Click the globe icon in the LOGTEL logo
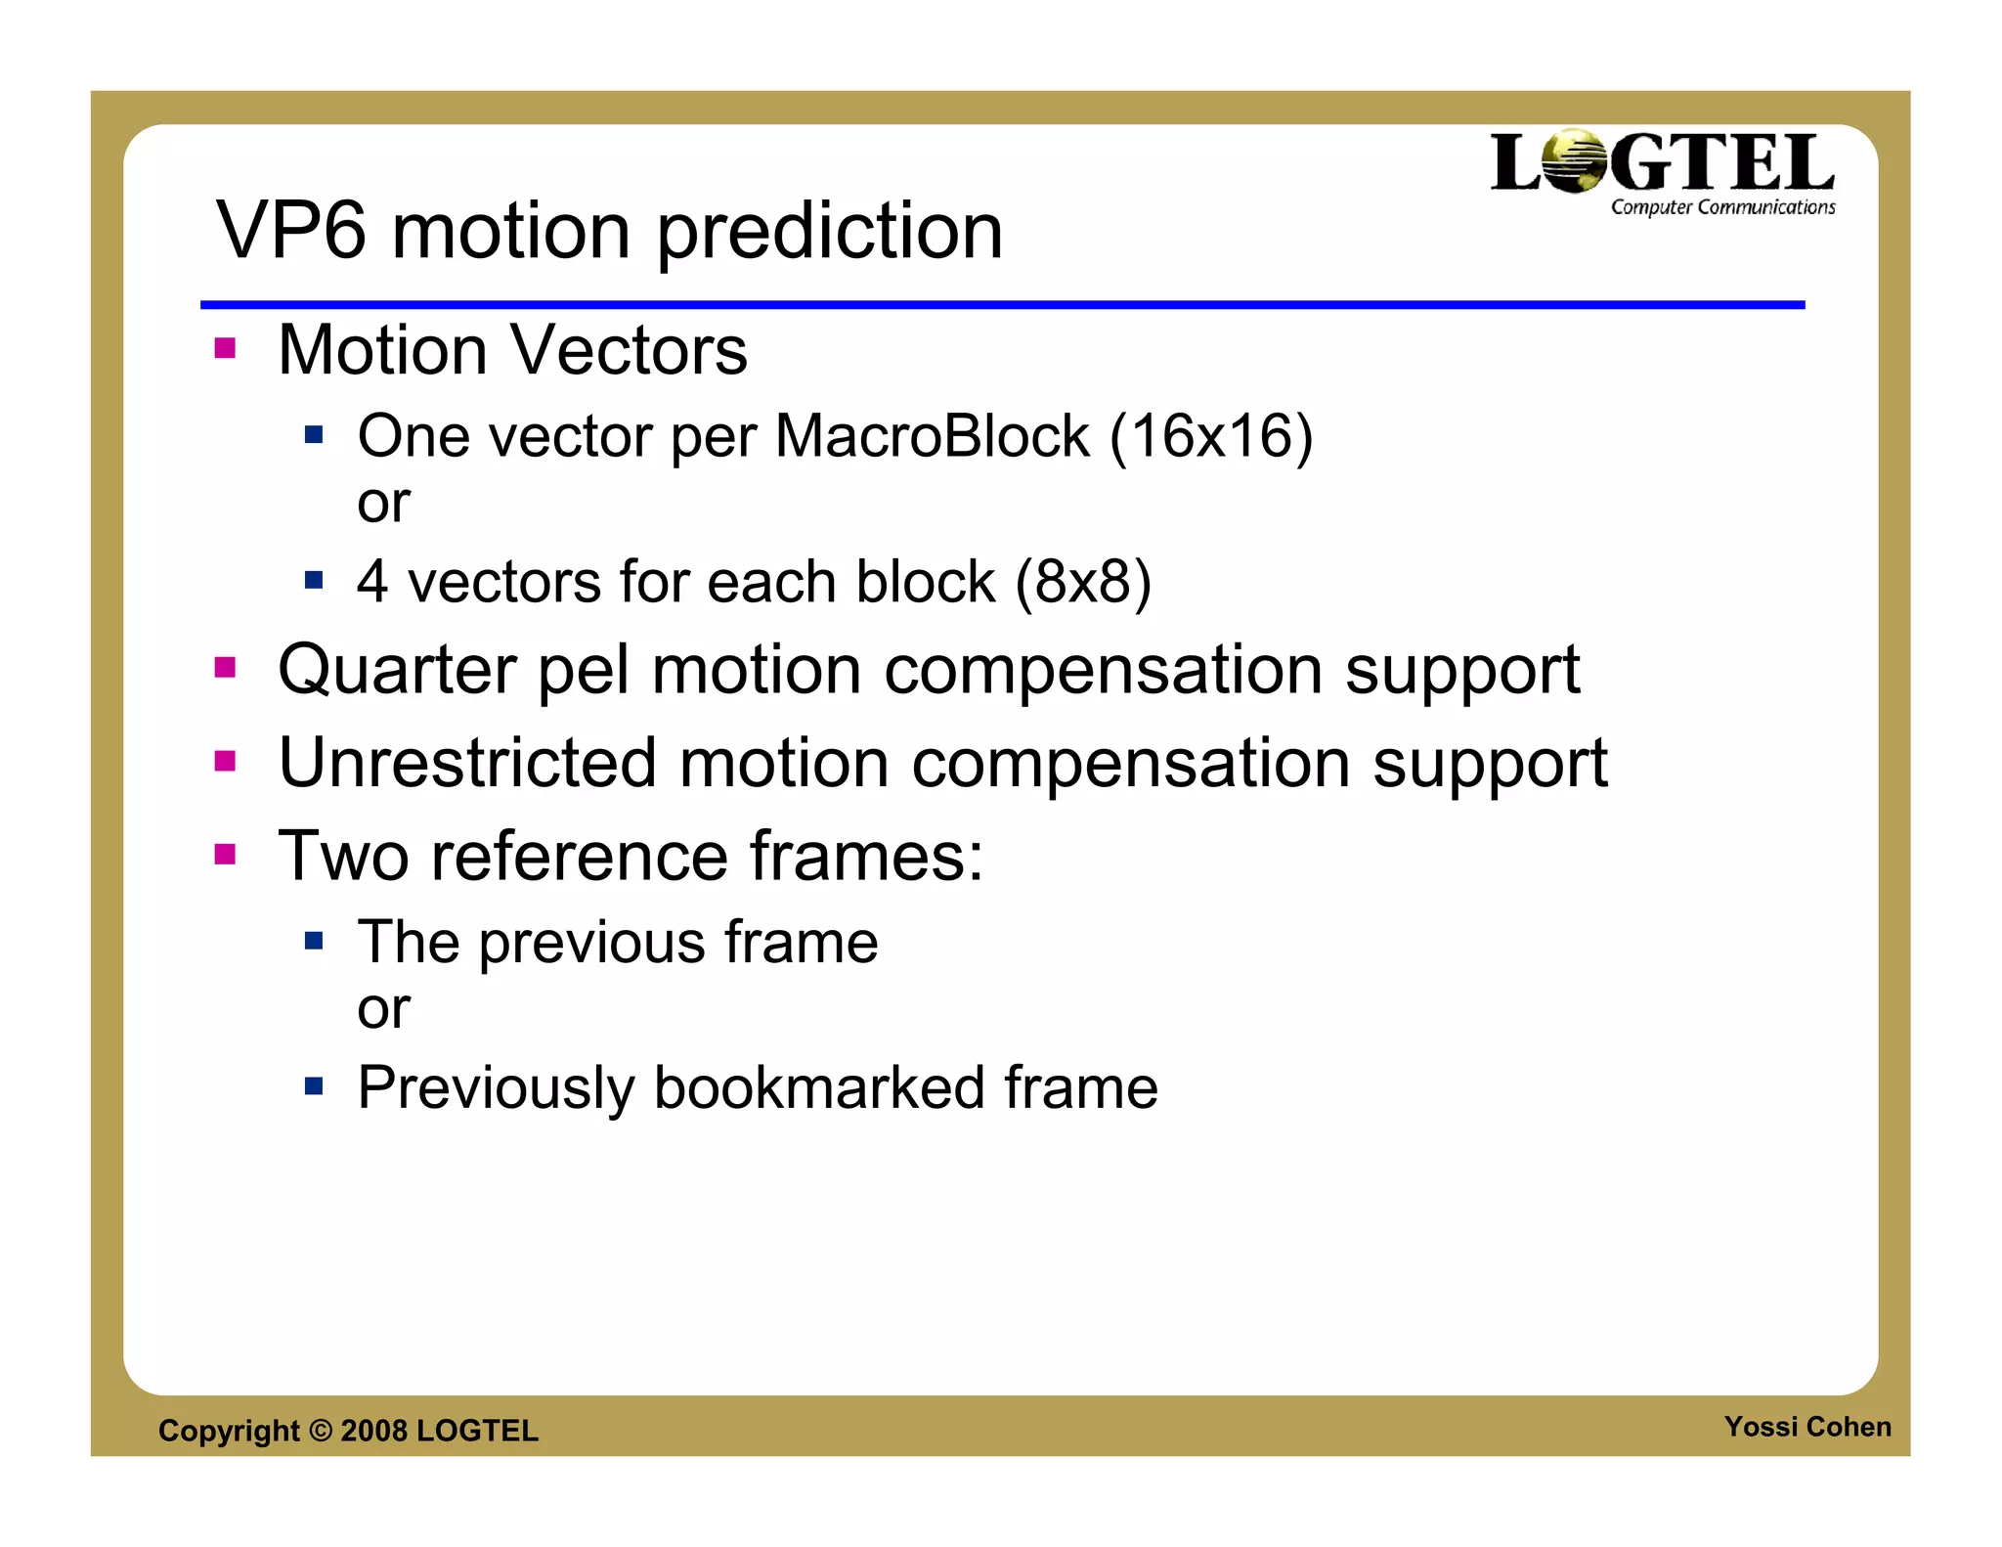click(x=1573, y=161)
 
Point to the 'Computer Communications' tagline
click(x=1722, y=207)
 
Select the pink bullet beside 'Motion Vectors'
click(x=226, y=349)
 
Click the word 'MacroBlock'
click(x=931, y=436)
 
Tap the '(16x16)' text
click(x=1211, y=436)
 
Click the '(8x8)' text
click(x=1083, y=582)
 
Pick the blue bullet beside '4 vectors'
click(x=314, y=581)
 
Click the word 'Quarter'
click(x=396, y=671)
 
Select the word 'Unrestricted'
click(x=467, y=763)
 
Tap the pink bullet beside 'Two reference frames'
click(x=226, y=855)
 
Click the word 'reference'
click(x=580, y=857)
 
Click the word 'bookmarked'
click(x=818, y=1087)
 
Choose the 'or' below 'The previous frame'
click(x=383, y=1010)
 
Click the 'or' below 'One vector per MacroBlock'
click(x=383, y=505)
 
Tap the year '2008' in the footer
click(x=373, y=1431)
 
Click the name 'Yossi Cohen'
click(x=1806, y=1427)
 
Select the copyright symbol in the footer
click(x=321, y=1431)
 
